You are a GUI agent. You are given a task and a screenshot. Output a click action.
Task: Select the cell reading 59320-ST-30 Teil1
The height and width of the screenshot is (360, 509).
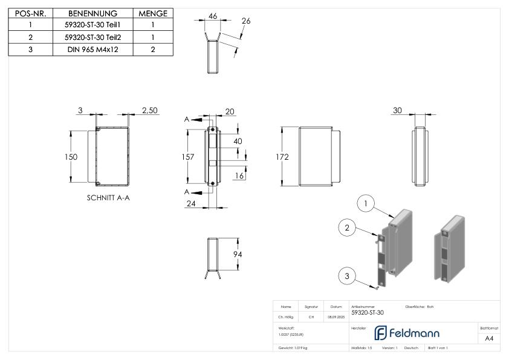92,25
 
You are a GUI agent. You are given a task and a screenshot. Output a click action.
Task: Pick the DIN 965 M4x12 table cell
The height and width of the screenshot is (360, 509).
92,49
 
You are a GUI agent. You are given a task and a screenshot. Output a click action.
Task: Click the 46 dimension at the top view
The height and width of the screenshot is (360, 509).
212,16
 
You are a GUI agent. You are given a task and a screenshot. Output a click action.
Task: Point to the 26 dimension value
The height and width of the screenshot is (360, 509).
245,21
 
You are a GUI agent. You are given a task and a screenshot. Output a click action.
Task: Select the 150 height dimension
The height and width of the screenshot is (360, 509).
72,157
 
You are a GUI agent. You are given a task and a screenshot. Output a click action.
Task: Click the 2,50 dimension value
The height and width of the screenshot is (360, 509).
149,110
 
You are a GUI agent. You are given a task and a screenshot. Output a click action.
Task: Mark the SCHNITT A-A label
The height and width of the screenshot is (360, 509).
108,198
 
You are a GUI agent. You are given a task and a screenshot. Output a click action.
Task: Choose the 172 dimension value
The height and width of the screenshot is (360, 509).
282,157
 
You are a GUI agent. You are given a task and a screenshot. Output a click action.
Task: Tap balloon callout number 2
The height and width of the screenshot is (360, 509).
346,227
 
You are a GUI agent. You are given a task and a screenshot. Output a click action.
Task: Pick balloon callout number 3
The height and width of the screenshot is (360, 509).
346,276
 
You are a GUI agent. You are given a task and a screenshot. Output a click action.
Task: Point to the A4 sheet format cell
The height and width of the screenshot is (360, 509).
489,339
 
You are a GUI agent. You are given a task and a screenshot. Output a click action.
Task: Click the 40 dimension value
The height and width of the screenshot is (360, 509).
239,141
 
